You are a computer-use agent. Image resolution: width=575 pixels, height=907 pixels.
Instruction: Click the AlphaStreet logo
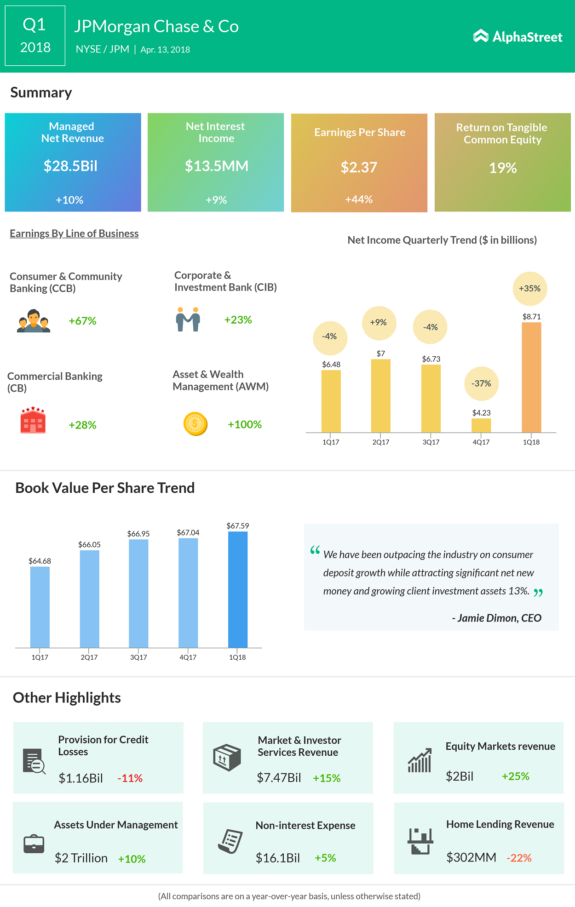517,37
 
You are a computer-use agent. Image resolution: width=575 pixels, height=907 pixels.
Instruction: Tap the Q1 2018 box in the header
35,36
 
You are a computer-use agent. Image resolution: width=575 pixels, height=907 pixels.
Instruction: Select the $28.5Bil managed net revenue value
70,166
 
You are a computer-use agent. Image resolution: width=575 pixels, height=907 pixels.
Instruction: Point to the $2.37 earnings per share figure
359,167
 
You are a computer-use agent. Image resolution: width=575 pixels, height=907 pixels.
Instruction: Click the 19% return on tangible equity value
503,168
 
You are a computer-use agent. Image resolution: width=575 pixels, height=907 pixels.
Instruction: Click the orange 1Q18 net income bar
531,377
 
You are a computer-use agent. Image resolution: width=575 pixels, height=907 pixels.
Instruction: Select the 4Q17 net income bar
481,425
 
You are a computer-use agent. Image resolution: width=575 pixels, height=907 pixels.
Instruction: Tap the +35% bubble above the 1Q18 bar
530,289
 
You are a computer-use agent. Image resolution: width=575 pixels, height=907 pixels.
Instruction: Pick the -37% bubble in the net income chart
481,383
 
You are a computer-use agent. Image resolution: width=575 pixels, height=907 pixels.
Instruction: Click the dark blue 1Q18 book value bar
238,589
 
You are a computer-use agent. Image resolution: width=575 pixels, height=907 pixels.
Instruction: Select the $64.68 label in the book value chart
40,561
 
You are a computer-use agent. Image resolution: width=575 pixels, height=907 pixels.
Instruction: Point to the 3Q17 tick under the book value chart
138,657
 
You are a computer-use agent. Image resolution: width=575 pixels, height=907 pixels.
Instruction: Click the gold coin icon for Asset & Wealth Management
195,424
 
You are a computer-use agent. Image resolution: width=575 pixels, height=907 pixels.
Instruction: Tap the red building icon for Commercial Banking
33,420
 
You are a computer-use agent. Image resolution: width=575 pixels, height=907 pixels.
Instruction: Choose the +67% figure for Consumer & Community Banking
82,321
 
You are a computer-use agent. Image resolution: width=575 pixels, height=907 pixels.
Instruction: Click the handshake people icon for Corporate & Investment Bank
188,319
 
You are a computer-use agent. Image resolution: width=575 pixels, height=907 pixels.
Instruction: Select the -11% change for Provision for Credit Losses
130,778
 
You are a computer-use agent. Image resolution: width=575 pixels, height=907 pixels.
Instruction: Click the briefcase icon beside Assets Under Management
34,844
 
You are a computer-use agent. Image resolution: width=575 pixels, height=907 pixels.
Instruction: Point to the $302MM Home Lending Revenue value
471,857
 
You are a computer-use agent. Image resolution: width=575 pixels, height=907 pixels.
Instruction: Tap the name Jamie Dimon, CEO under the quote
497,618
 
